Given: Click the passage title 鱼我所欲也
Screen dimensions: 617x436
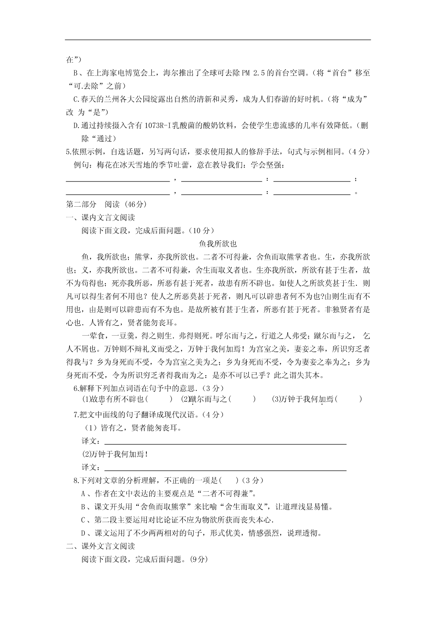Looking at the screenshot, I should pyautogui.click(x=218, y=244).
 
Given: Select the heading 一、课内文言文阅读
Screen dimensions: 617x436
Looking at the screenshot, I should pyautogui.click(x=100, y=217).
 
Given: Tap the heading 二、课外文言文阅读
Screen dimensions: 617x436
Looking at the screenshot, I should pyautogui.click(x=100, y=546).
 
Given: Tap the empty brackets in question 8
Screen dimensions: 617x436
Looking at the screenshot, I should pyautogui.click(x=230, y=480).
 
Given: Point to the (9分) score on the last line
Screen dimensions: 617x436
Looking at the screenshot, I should pyautogui.click(x=199, y=559).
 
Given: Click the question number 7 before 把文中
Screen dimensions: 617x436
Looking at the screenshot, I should pyautogui.click(x=76, y=414).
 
